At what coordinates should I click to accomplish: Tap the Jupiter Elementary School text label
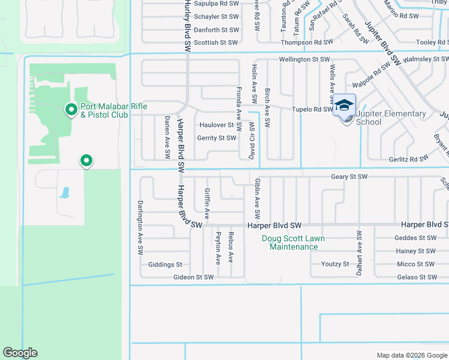(391, 118)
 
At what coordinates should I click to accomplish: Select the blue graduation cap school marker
(344, 106)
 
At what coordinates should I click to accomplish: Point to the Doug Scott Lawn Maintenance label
(294, 242)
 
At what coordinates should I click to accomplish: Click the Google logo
(20, 353)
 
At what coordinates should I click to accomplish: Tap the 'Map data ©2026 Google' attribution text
(411, 355)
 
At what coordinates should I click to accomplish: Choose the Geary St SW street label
(349, 177)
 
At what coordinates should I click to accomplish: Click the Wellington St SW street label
(304, 59)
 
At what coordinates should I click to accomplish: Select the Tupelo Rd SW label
(312, 110)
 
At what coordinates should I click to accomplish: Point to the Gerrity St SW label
(217, 138)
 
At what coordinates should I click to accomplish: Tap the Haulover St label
(217, 125)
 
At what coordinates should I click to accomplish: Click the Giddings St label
(165, 265)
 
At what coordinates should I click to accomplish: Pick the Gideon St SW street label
(193, 277)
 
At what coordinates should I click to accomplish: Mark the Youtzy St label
(335, 264)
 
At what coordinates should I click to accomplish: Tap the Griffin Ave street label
(207, 203)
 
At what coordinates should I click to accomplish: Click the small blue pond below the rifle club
(64, 193)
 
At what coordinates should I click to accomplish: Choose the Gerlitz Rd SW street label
(408, 159)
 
